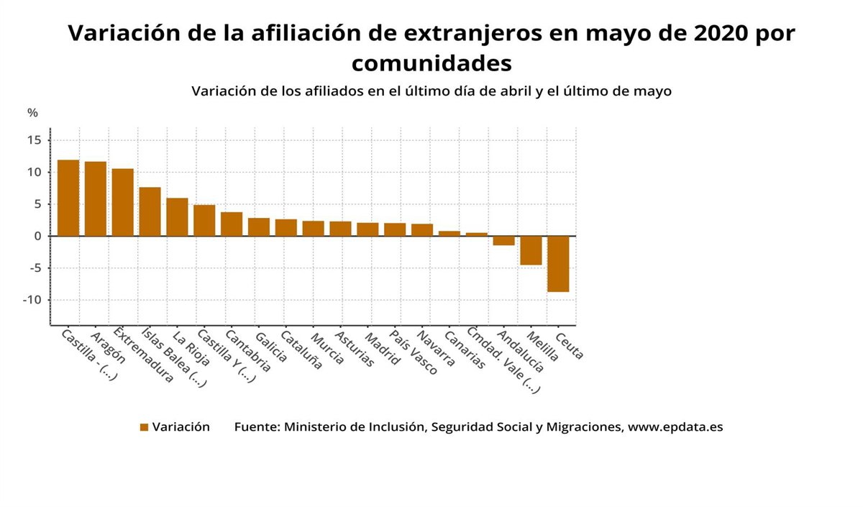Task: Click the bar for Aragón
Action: pos(96,198)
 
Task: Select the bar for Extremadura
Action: pos(122,202)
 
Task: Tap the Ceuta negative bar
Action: pos(558,263)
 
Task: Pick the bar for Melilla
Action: pos(531,250)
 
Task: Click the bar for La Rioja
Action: pos(177,216)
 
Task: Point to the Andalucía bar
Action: pos(503,241)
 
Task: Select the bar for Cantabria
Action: pos(232,224)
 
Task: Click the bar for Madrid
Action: pos(367,229)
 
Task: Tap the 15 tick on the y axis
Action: pos(35,140)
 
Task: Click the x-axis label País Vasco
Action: pos(414,352)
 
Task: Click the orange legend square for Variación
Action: pos(144,427)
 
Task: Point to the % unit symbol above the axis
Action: pos(32,113)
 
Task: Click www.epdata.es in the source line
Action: pos(675,426)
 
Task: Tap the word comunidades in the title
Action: pos(431,63)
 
